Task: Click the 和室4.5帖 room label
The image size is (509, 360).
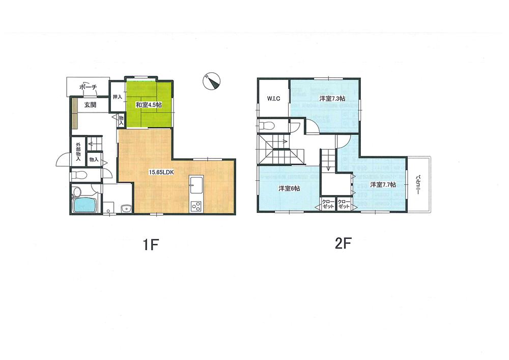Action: tap(149, 105)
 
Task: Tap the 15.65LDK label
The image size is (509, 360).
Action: tap(161, 172)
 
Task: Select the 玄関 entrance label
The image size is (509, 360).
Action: tap(90, 105)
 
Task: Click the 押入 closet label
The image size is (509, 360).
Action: tap(117, 97)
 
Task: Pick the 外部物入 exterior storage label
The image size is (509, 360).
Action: tap(78, 152)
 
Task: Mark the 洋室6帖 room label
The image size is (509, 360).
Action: tap(289, 188)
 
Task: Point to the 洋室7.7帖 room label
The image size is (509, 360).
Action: tap(383, 184)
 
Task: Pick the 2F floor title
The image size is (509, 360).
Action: tap(344, 243)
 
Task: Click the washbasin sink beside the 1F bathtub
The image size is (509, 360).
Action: tap(125, 207)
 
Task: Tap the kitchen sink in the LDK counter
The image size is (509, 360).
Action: tap(196, 183)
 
